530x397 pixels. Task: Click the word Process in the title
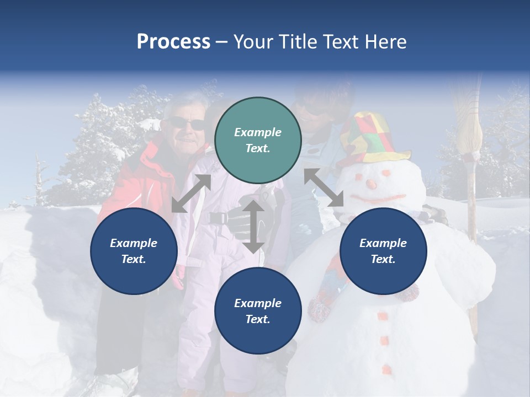[x=173, y=42]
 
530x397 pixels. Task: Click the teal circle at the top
[x=258, y=140]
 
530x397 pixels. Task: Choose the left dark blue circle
[x=134, y=251]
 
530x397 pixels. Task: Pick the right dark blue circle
[x=383, y=251]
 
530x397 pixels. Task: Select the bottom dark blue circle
[x=258, y=311]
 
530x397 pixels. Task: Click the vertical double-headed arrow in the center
[x=253, y=226]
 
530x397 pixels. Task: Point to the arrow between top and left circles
[x=191, y=194]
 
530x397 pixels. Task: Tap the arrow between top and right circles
[x=324, y=188]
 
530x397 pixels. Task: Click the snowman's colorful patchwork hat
[x=371, y=138]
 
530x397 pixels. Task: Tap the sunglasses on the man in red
[x=188, y=124]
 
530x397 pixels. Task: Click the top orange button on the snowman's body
[x=383, y=316]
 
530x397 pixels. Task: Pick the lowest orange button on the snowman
[x=386, y=368]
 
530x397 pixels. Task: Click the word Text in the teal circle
[x=258, y=148]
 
